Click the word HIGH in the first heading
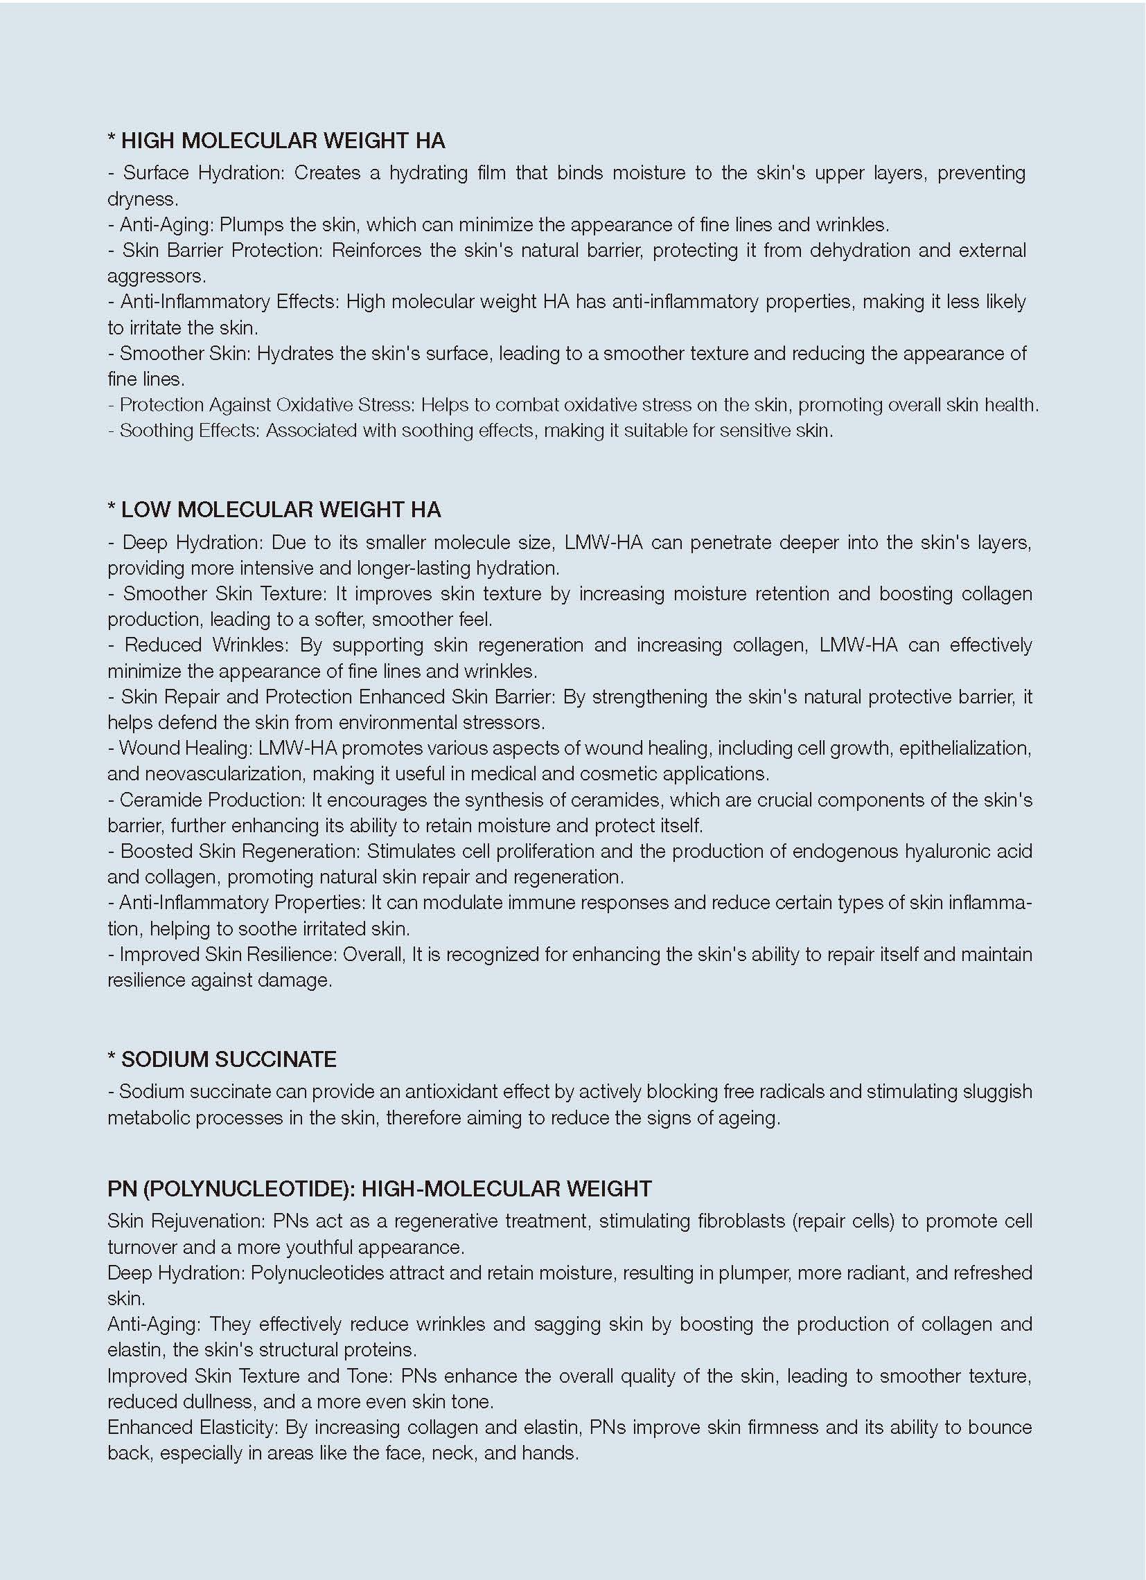click(148, 141)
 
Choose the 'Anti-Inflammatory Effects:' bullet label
click(230, 302)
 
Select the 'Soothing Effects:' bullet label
click(190, 431)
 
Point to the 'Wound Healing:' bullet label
click(186, 748)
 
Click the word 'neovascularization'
click(203, 774)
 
